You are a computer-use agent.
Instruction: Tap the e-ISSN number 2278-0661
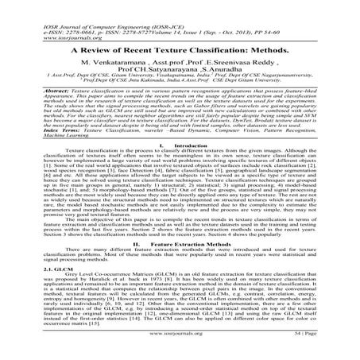(x=60, y=11)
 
